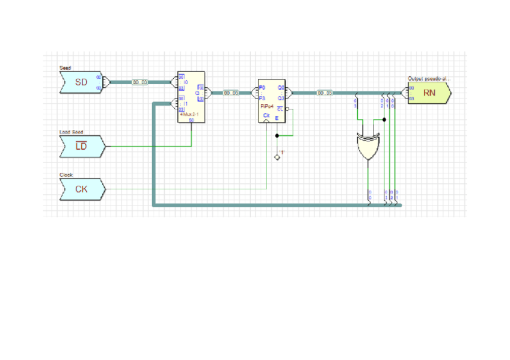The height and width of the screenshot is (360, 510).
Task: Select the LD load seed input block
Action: (x=82, y=145)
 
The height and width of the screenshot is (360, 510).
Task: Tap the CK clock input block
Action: (x=82, y=189)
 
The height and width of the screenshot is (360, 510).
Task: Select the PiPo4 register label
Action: (x=267, y=106)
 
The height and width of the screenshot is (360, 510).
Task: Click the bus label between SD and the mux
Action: (x=140, y=82)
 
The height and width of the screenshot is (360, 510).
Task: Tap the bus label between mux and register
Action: (x=231, y=93)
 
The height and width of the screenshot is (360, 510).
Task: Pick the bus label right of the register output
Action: (x=324, y=93)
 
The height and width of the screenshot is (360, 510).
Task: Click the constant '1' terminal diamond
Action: (x=277, y=157)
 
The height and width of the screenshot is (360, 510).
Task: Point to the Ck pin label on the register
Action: (x=266, y=114)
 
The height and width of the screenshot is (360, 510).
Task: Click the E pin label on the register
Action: (x=277, y=118)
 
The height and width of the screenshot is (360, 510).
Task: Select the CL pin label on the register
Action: (x=280, y=109)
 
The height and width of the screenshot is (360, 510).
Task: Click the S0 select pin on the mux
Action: (x=191, y=120)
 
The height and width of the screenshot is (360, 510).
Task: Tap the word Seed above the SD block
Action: (x=65, y=68)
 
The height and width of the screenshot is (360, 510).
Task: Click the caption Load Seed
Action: (x=72, y=132)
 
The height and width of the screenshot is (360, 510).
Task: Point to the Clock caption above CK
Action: (x=66, y=175)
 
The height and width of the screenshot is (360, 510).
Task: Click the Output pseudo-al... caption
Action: (x=429, y=79)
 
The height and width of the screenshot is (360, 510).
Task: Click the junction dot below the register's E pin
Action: (x=277, y=136)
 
